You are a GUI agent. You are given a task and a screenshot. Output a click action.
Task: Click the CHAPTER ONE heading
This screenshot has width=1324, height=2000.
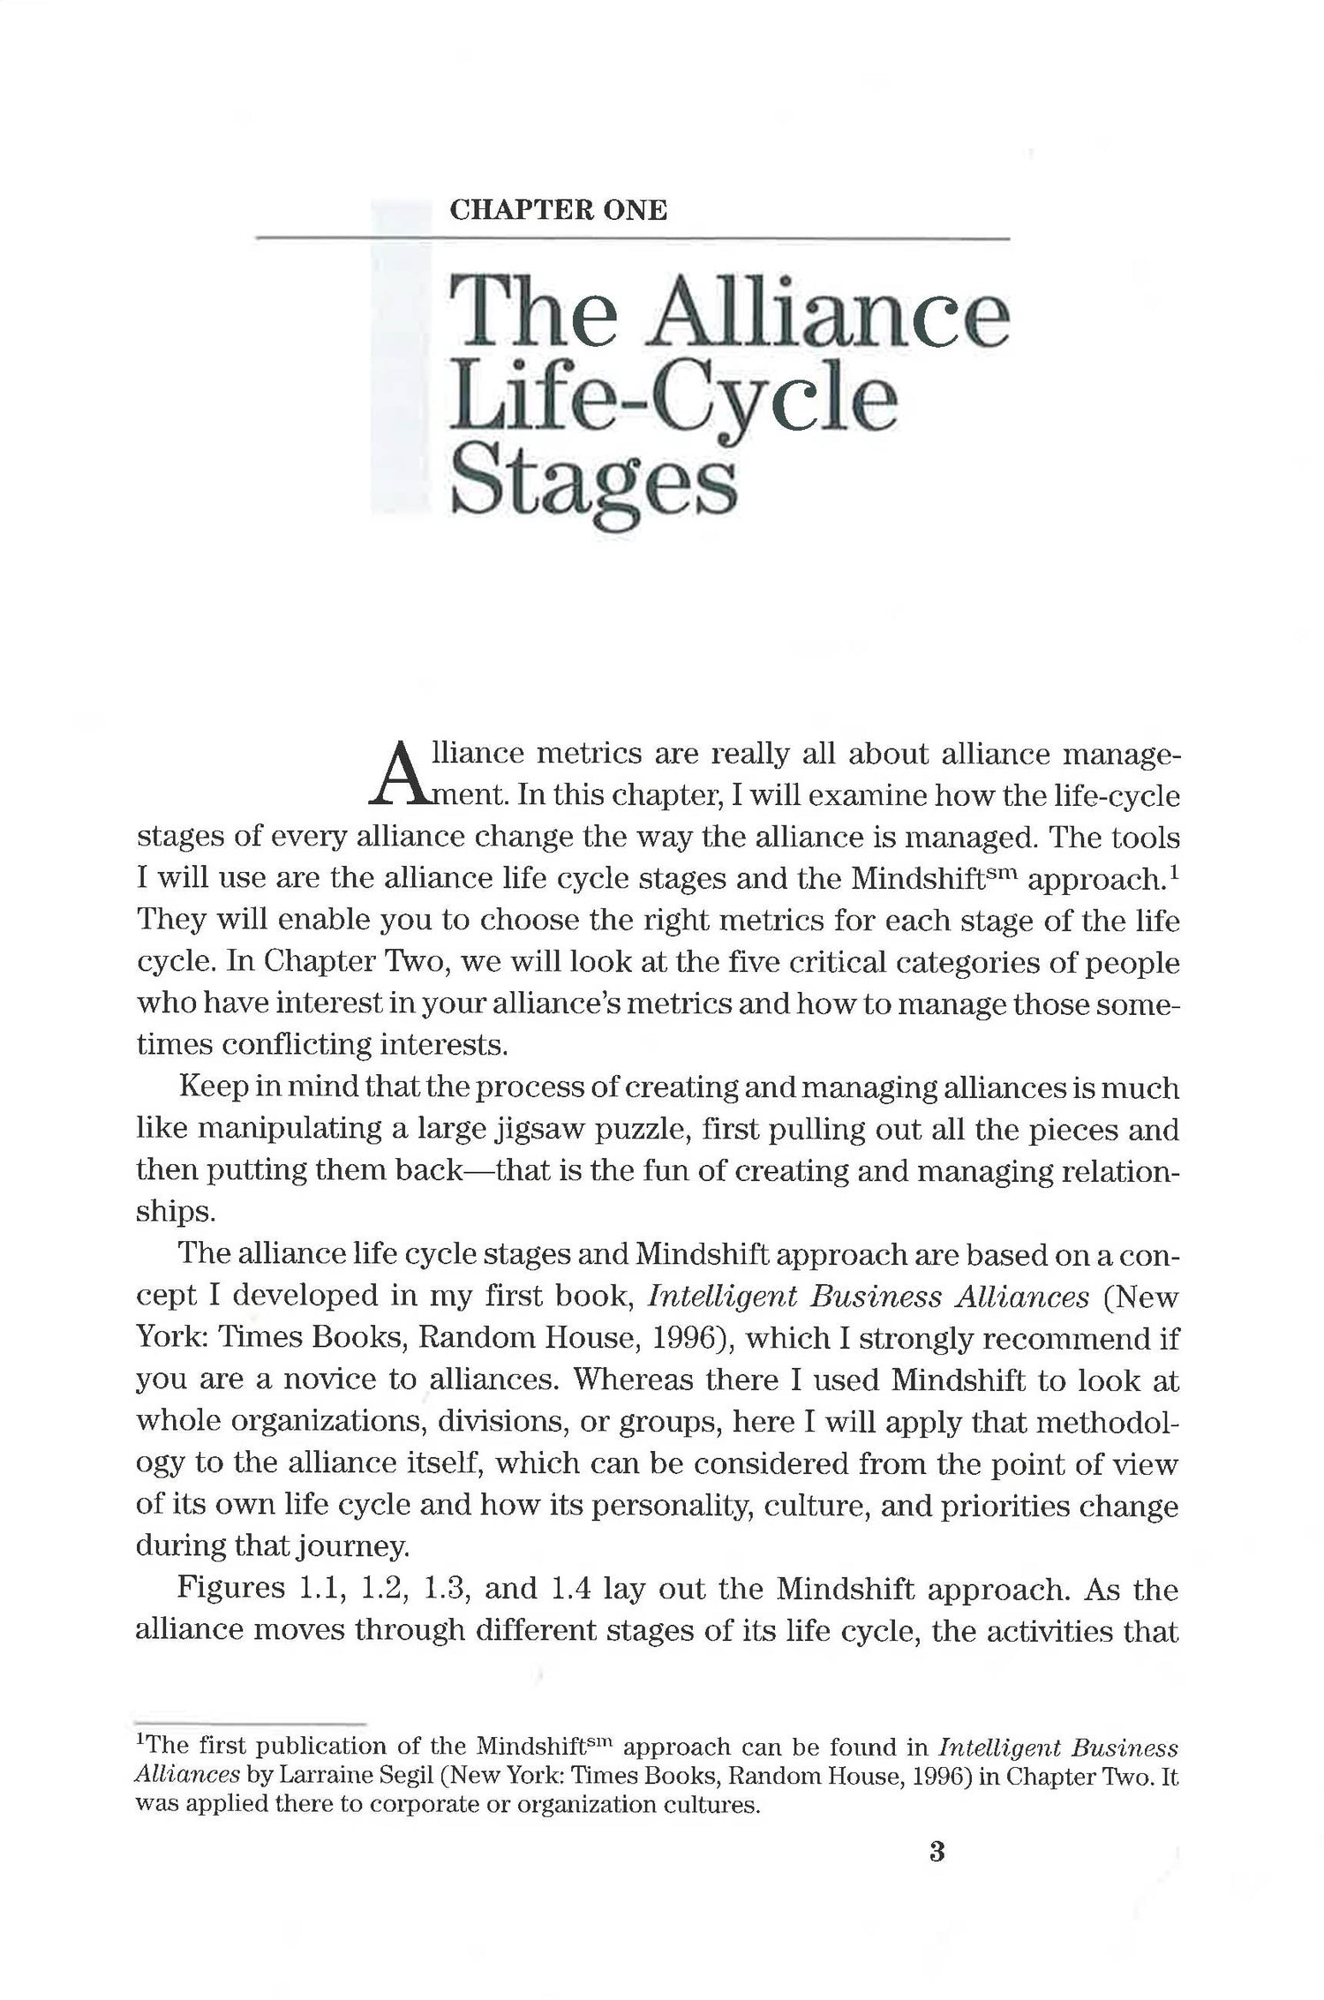coord(558,210)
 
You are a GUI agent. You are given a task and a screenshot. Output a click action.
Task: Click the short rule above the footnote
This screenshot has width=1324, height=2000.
coord(251,1723)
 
